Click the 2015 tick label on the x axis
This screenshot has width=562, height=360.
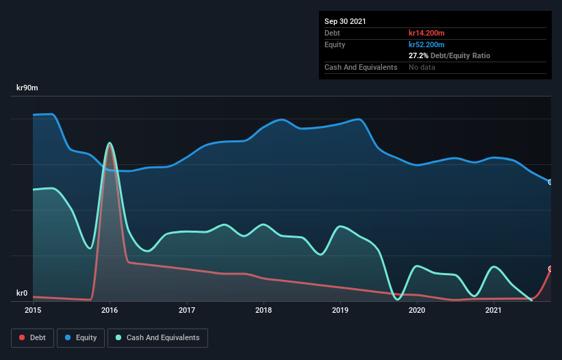click(33, 310)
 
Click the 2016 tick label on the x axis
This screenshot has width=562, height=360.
click(110, 310)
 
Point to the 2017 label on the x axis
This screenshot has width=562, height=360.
click(186, 310)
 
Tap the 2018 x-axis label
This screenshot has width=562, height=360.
click(264, 310)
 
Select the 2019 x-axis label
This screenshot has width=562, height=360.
click(340, 310)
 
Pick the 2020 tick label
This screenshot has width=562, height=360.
click(417, 310)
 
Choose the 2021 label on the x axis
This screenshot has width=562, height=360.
click(494, 310)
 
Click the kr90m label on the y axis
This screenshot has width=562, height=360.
click(27, 88)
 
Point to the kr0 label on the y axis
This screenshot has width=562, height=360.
click(21, 294)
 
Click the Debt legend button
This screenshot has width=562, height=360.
click(33, 337)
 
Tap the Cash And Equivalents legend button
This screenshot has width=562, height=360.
click(157, 337)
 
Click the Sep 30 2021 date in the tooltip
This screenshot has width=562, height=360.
click(345, 21)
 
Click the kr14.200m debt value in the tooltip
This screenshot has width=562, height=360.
click(427, 33)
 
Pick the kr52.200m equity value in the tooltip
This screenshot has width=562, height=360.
click(427, 44)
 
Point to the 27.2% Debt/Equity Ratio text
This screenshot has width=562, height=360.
click(449, 55)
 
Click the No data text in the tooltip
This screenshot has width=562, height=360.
click(422, 67)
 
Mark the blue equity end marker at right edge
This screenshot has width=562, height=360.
click(550, 182)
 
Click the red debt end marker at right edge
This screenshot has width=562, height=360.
click(550, 269)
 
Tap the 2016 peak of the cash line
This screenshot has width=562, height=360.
click(110, 143)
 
